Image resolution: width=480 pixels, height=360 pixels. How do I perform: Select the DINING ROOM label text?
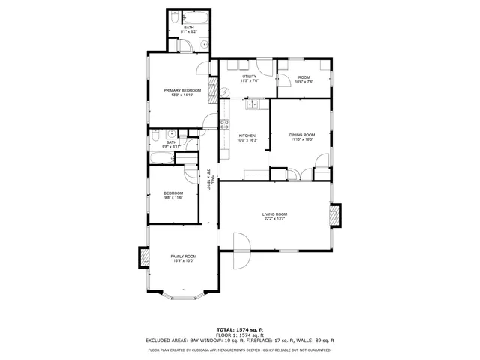302,135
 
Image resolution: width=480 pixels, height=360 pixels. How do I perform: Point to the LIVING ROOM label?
274,214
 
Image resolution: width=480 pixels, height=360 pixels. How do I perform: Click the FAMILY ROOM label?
183,256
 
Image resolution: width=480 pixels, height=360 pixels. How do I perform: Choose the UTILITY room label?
250,76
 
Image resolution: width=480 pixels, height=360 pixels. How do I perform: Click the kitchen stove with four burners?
223,124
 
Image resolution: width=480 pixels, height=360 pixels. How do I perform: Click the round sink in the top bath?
203,46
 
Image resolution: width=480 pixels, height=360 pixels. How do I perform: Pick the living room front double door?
241,252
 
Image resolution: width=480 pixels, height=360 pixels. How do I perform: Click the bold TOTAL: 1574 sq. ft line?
240,329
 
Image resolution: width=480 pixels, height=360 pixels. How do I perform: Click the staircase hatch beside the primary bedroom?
213,91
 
